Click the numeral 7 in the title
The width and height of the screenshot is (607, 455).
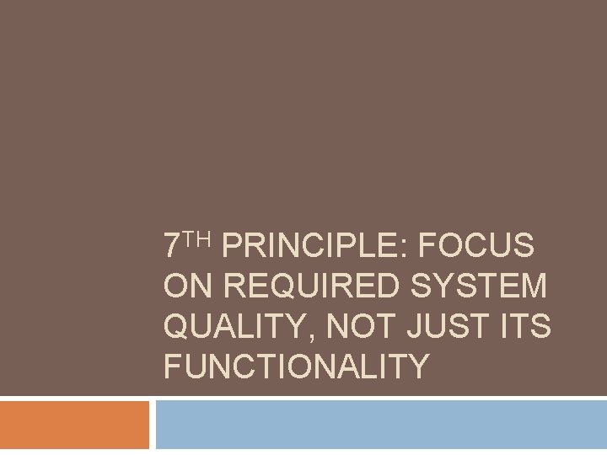pos(172,247)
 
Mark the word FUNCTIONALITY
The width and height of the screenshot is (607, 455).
pos(296,367)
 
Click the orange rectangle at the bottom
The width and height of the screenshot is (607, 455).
pos(74,426)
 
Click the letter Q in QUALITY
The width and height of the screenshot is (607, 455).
pos(177,326)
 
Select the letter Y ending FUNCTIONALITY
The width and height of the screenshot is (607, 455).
pos(418,367)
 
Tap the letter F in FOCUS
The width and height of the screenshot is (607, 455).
pos(427,247)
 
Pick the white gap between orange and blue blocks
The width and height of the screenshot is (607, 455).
pos(153,426)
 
